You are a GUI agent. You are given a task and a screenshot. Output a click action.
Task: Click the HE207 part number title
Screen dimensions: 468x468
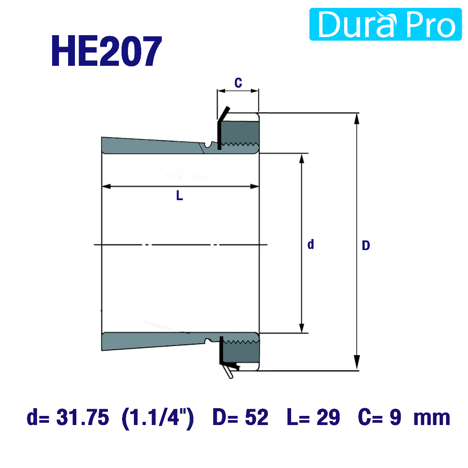click(x=106, y=51)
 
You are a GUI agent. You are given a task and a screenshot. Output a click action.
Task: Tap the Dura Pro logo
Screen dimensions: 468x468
click(x=385, y=24)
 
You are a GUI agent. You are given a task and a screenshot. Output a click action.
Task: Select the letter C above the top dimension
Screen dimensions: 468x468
click(x=238, y=83)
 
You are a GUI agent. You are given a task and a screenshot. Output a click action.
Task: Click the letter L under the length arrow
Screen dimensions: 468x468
click(x=179, y=196)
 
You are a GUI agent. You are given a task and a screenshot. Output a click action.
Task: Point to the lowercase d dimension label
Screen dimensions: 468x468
click(x=311, y=244)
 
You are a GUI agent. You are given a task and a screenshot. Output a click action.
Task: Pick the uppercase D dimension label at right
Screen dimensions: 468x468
click(x=366, y=245)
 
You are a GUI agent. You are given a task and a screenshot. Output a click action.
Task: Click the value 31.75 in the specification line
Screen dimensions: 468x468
click(x=83, y=417)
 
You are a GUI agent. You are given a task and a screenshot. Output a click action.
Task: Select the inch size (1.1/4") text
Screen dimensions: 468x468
click(x=158, y=419)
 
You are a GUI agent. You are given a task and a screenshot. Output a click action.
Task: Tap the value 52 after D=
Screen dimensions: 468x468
click(x=257, y=417)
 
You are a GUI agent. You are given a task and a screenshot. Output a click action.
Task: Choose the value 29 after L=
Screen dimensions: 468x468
click(x=328, y=417)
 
